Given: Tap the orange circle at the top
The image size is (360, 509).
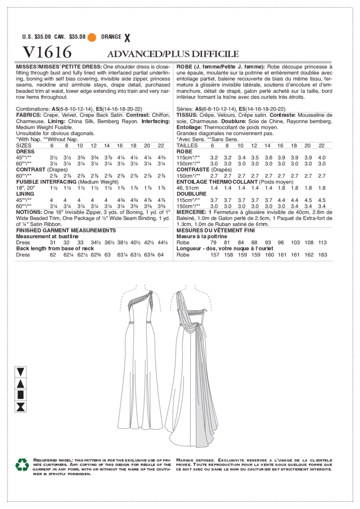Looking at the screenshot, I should point(92,37).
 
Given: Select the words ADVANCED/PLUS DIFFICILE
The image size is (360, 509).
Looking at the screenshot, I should point(173,54).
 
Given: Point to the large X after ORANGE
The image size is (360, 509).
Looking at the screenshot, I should point(127,37).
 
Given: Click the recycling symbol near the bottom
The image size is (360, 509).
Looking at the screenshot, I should point(22,464).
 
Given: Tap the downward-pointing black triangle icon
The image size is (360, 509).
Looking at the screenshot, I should point(21,372).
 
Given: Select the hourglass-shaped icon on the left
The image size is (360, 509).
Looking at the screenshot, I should point(21,406).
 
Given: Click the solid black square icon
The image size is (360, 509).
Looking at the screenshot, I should point(21,395).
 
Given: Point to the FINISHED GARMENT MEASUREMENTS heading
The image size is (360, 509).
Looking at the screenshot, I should point(66,231).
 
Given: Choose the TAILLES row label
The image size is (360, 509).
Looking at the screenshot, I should point(187,145).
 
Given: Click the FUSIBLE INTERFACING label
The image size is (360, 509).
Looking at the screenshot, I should point(46,181).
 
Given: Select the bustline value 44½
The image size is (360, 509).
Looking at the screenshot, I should point(162,243).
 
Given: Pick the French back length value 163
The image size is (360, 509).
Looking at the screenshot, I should point(322,255).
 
